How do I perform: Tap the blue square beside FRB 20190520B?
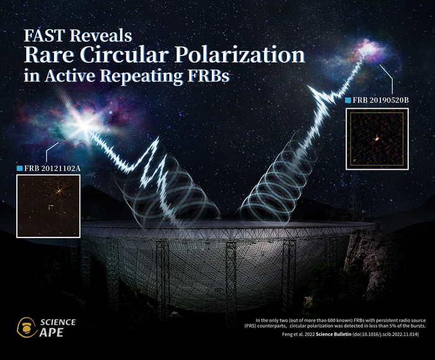[x=347, y=100]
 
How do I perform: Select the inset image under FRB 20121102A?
[x=48, y=206]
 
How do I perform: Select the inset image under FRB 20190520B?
[x=377, y=139]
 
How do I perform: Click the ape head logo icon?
[x=26, y=327]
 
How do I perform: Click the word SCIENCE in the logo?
[x=57, y=322]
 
